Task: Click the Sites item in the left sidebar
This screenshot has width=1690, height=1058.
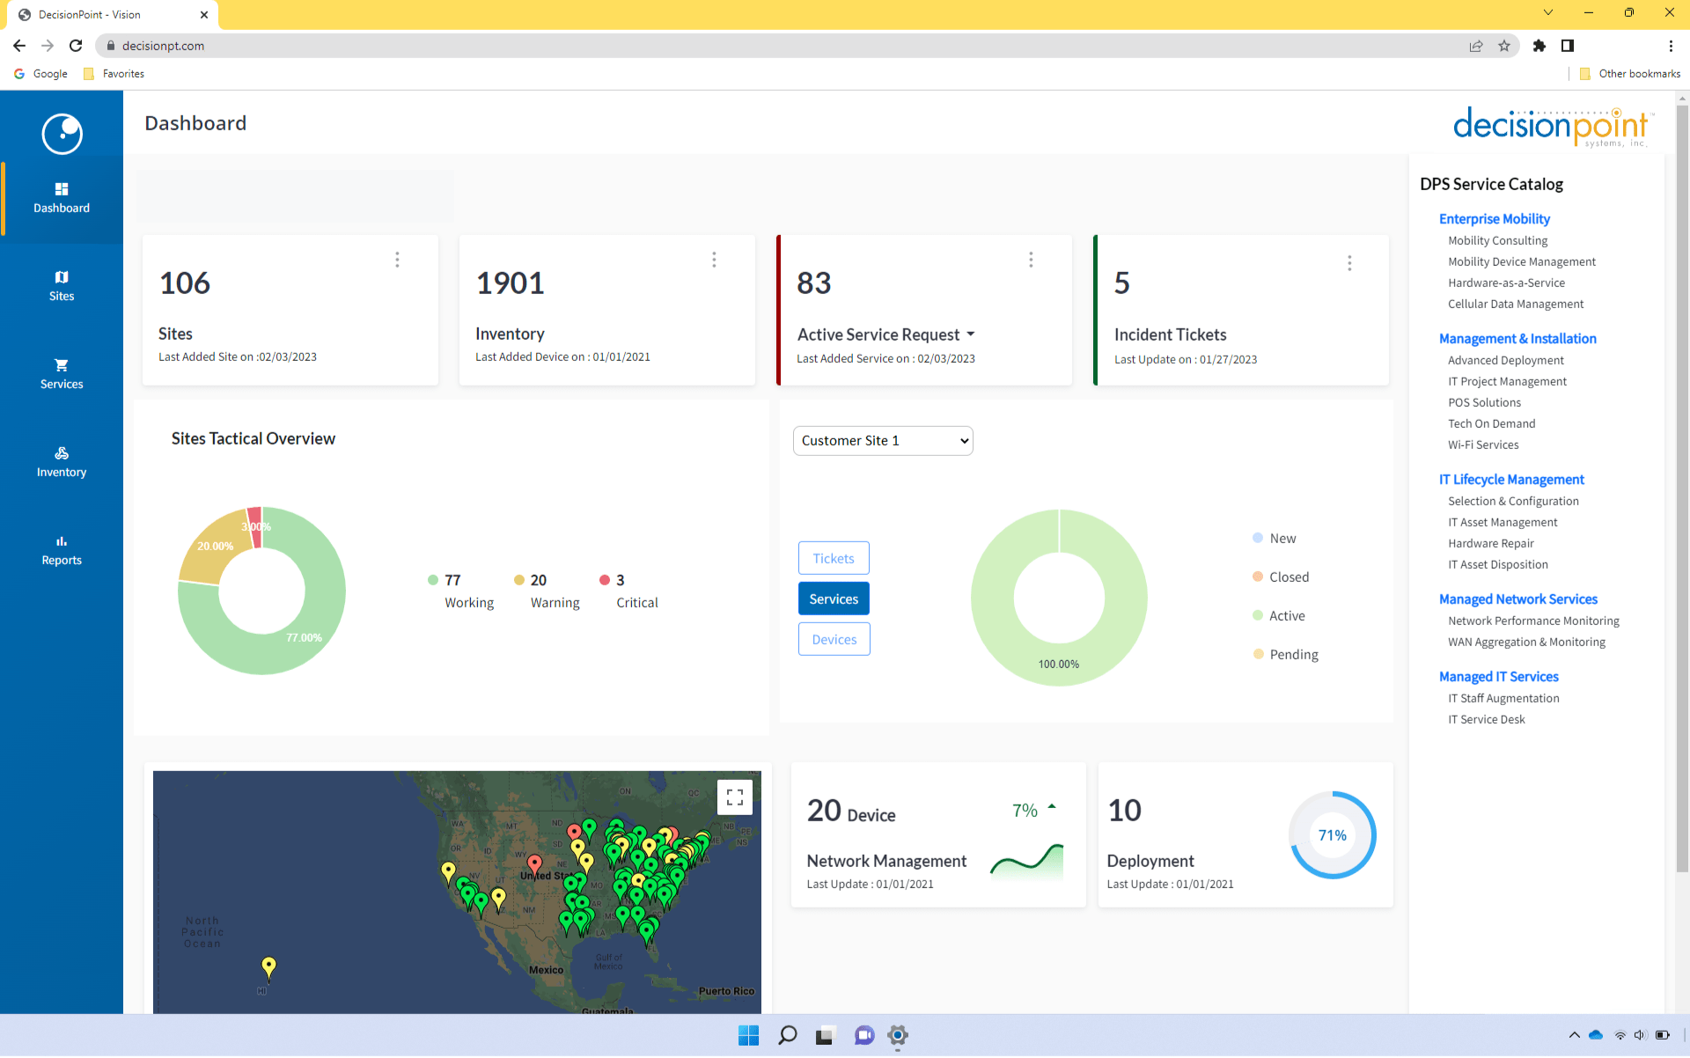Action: (x=62, y=286)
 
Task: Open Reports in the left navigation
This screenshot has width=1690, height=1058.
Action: (x=62, y=550)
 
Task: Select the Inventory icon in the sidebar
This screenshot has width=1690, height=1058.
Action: (x=62, y=453)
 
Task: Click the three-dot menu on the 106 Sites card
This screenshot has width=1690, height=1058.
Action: (x=397, y=260)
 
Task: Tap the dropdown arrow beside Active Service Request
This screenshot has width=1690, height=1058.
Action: (x=971, y=334)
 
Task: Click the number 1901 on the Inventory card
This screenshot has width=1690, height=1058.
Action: (x=510, y=283)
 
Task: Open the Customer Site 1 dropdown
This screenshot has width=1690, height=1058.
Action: (x=883, y=441)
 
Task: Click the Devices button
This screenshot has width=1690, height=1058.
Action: (x=834, y=640)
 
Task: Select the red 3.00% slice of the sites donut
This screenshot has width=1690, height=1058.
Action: (x=255, y=526)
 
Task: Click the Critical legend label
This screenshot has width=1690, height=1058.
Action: (x=636, y=603)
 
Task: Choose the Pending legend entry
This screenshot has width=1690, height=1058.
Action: (x=1293, y=655)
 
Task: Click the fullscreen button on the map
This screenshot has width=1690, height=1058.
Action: (x=735, y=797)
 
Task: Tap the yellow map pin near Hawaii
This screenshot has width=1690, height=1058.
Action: (x=268, y=966)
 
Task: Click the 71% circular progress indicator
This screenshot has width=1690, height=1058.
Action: (x=1332, y=835)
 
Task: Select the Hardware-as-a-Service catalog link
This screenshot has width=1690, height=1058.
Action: (x=1506, y=283)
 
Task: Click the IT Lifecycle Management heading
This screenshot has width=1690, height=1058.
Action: (x=1511, y=480)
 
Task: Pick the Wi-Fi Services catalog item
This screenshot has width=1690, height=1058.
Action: (x=1483, y=445)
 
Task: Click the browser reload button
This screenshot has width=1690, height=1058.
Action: (x=76, y=46)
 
